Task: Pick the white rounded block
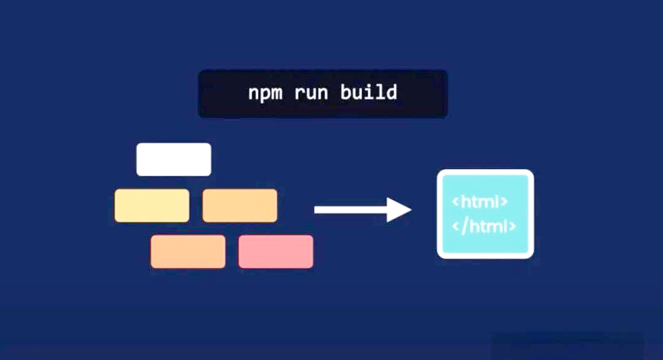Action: click(174, 159)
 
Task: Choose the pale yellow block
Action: click(152, 205)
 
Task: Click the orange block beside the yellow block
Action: click(239, 205)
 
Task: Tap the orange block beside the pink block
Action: click(188, 251)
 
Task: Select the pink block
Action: click(276, 251)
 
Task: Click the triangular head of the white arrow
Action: click(399, 210)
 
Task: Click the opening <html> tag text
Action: click(480, 201)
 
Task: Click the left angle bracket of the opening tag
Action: click(456, 202)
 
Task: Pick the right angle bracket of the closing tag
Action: click(512, 227)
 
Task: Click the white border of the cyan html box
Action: click(439, 214)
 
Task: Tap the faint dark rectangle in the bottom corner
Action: click(568, 346)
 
